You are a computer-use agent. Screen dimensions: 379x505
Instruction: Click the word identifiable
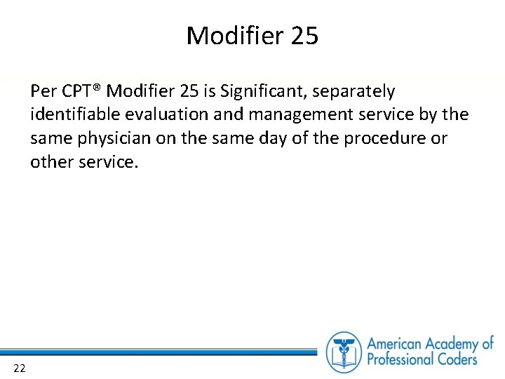click(x=74, y=115)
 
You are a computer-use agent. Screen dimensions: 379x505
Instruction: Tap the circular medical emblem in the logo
click(x=344, y=351)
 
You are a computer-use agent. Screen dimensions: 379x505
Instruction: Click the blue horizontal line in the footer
click(x=161, y=351)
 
